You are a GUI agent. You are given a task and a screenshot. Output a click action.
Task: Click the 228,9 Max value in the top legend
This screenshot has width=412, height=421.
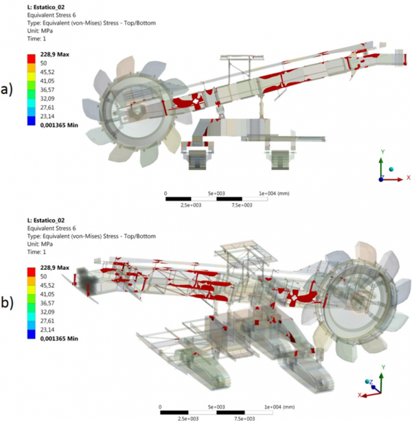[56, 54]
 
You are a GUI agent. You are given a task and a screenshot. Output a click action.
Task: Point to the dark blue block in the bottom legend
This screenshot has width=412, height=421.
[31, 334]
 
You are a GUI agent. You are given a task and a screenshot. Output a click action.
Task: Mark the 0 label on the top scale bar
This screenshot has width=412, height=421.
[166, 194]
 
